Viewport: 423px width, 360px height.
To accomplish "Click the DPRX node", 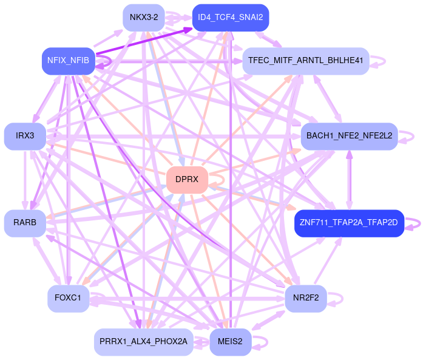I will pos(187,180).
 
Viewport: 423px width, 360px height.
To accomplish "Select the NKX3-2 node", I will pos(144,17).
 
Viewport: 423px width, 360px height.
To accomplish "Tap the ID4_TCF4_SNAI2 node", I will pos(230,17).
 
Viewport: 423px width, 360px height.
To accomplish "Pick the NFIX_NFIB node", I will pos(68,61).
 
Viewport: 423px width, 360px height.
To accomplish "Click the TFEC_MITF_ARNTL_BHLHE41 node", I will pos(306,61).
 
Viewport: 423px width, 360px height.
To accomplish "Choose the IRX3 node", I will pos(25,135).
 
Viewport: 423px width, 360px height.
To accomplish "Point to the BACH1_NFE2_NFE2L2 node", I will pos(349,135).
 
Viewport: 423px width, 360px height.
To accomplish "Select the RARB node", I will pos(25,223).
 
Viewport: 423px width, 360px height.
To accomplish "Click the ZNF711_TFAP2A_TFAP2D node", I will pos(349,223).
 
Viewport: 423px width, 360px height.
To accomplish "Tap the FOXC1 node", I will pos(68,298).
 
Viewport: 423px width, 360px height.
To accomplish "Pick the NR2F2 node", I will pos(306,298).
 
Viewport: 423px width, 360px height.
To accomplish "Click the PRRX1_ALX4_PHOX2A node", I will pos(144,342).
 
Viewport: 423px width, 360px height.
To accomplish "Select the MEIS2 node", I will pos(230,342).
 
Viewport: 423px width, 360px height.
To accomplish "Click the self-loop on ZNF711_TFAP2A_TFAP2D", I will pos(415,223).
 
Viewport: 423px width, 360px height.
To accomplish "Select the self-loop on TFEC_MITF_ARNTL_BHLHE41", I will pos(379,61).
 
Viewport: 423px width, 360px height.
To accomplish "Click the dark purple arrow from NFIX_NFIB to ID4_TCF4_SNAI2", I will pos(146,40).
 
